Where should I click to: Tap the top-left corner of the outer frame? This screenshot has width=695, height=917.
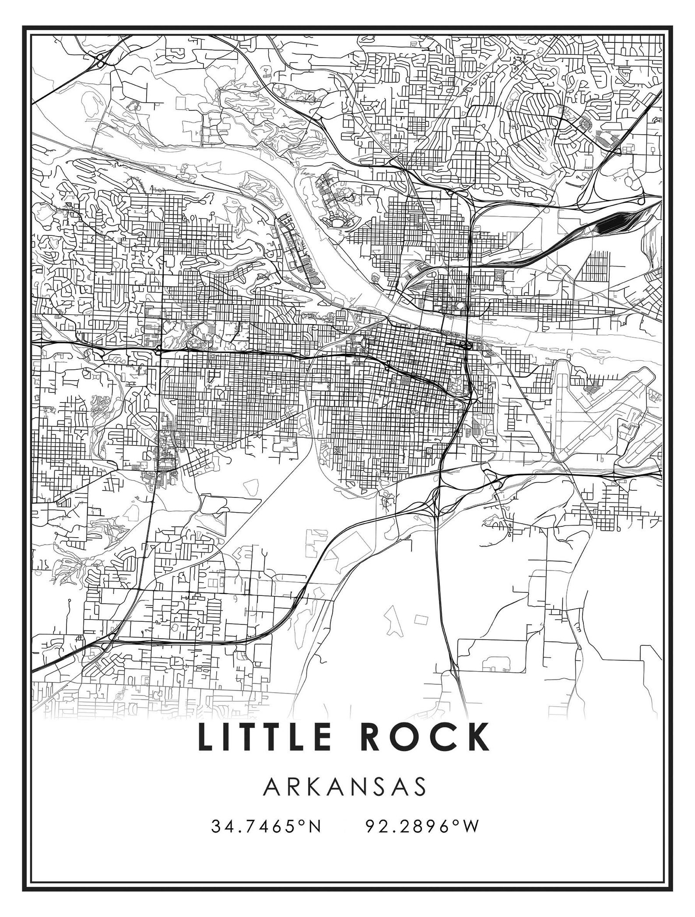tap(23, 26)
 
